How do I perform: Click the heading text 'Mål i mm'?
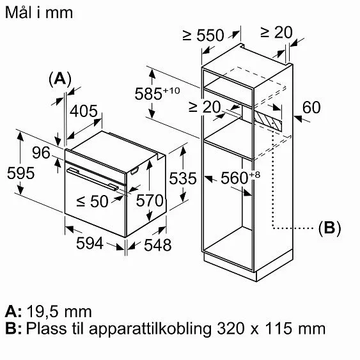pyautogui.click(x=38, y=12)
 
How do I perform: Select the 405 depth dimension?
pyautogui.click(x=83, y=112)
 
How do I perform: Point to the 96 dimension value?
pyautogui.click(x=41, y=153)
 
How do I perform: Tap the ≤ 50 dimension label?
pyautogui.click(x=92, y=201)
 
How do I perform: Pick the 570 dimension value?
pyautogui.click(x=150, y=201)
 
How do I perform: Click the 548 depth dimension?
pyautogui.click(x=157, y=244)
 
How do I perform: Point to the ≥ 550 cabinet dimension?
pyautogui.click(x=203, y=36)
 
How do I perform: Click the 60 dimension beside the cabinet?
pyautogui.click(x=311, y=107)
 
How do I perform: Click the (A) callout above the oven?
pyautogui.click(x=60, y=79)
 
